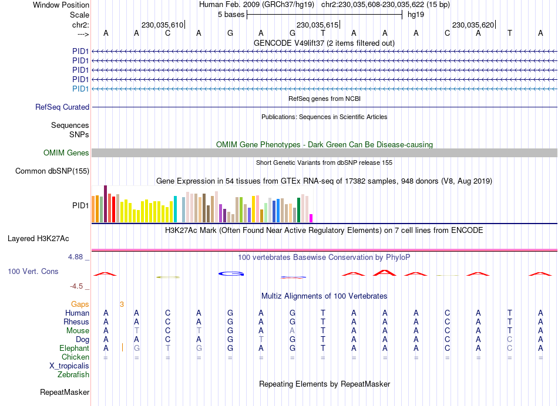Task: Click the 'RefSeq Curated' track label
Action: (62, 107)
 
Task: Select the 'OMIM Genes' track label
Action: (66, 153)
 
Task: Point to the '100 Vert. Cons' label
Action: (33, 272)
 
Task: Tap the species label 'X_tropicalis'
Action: (69, 366)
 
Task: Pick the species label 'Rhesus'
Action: (76, 322)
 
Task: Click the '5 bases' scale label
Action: (231, 14)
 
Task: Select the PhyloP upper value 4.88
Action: (78, 257)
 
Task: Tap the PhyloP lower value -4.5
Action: (79, 286)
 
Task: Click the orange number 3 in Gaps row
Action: (122, 304)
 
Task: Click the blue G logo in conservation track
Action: (230, 273)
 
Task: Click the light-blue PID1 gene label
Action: (80, 89)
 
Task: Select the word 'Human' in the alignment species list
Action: (78, 313)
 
